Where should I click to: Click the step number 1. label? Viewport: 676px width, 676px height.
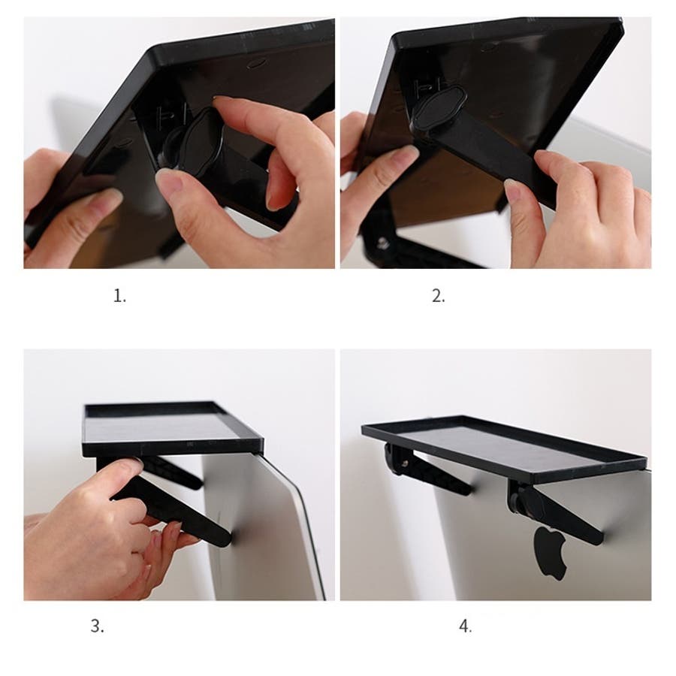(120, 296)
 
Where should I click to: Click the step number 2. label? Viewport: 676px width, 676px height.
(439, 296)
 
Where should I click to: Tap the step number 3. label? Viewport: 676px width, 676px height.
(98, 626)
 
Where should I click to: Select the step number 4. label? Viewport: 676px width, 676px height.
(466, 626)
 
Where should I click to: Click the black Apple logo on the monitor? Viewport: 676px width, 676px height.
(550, 552)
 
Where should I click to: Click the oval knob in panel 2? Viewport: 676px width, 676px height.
(439, 107)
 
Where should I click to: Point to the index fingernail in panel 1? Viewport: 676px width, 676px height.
(223, 101)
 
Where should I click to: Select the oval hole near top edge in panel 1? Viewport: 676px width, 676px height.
(257, 65)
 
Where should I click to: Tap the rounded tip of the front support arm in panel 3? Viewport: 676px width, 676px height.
(224, 539)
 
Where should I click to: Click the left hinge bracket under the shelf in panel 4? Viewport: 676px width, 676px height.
(397, 459)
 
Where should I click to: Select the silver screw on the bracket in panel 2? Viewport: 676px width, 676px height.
(382, 243)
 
